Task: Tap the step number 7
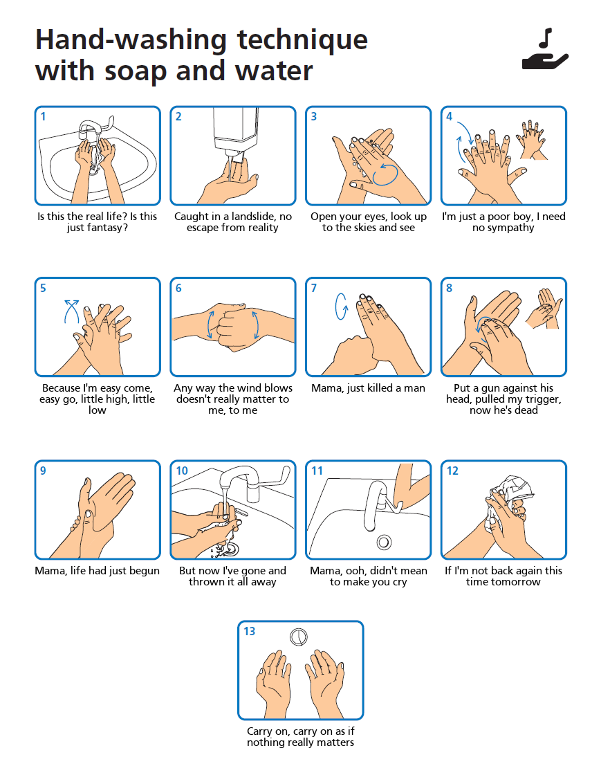(x=314, y=289)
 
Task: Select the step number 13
(x=250, y=632)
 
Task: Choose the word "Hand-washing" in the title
(x=131, y=39)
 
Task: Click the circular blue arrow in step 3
(x=385, y=174)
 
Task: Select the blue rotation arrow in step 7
(x=341, y=306)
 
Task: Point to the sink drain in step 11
(x=384, y=542)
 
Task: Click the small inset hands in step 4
(x=531, y=140)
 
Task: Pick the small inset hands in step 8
(x=544, y=309)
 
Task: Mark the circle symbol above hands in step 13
(x=299, y=637)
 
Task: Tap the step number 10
(x=182, y=471)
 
